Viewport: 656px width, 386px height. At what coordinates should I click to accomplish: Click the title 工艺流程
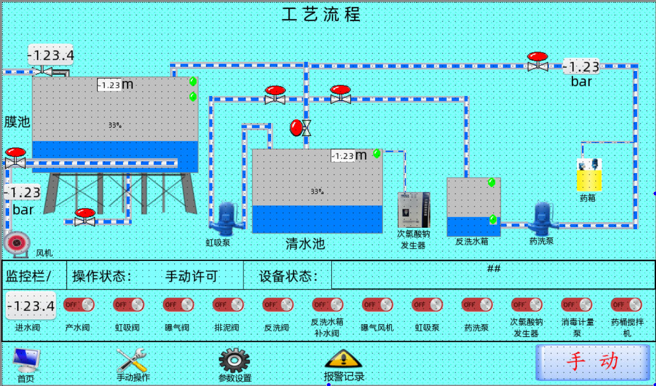pyautogui.click(x=322, y=14)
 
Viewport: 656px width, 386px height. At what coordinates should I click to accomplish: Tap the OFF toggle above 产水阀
pyautogui.click(x=79, y=305)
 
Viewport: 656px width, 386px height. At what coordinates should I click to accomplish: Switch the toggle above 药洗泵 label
pyautogui.click(x=477, y=305)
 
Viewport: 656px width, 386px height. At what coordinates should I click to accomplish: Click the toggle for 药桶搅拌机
pyautogui.click(x=626, y=305)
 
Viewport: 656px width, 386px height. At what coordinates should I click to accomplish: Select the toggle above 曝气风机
pyautogui.click(x=377, y=305)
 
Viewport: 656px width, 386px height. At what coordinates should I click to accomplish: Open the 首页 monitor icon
pyautogui.click(x=26, y=361)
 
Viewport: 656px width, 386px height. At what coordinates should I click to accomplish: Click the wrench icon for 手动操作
pyautogui.click(x=132, y=360)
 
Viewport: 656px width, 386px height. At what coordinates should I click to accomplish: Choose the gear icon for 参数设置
pyautogui.click(x=234, y=360)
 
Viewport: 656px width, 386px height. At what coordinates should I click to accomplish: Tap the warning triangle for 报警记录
pyautogui.click(x=344, y=359)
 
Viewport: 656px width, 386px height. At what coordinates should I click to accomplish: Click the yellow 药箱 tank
pyautogui.click(x=589, y=179)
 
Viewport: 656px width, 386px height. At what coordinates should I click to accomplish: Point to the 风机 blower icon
pyautogui.click(x=16, y=242)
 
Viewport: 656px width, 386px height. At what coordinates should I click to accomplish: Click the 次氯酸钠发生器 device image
pyautogui.click(x=414, y=209)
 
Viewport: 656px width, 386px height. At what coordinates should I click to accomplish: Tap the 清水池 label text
pyautogui.click(x=305, y=244)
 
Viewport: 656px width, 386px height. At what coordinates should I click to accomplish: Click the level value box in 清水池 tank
pyautogui.click(x=343, y=156)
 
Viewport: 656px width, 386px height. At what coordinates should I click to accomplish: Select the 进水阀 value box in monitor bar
pyautogui.click(x=31, y=306)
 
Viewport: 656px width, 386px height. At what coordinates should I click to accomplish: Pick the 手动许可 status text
pyautogui.click(x=191, y=277)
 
